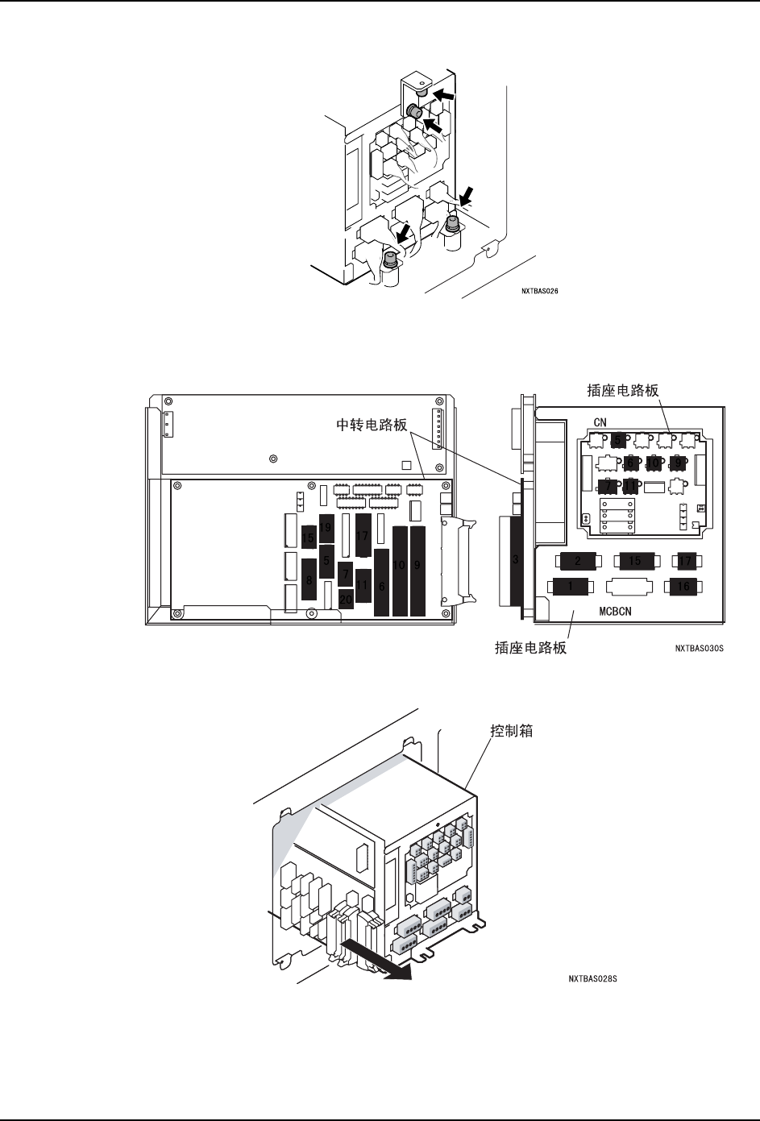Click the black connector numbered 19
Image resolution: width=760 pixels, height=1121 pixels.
pyautogui.click(x=326, y=527)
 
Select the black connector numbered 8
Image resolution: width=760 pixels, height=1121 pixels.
pyautogui.click(x=309, y=578)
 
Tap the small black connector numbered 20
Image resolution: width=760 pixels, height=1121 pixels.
pyautogui.click(x=346, y=600)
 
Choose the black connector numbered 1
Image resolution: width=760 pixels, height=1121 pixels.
pyautogui.click(x=571, y=587)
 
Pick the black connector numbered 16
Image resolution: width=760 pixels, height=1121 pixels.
pyautogui.click(x=683, y=587)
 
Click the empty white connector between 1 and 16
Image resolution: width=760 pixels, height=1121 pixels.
pyautogui.click(x=627, y=587)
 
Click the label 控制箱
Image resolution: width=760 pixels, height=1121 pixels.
pyautogui.click(x=512, y=732)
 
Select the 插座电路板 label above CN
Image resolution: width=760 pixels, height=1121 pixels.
pyautogui.click(x=623, y=390)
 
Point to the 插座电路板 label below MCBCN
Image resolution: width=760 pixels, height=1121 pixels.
pyautogui.click(x=530, y=646)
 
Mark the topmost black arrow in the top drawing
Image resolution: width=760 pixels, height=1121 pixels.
pyautogui.click(x=443, y=97)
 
